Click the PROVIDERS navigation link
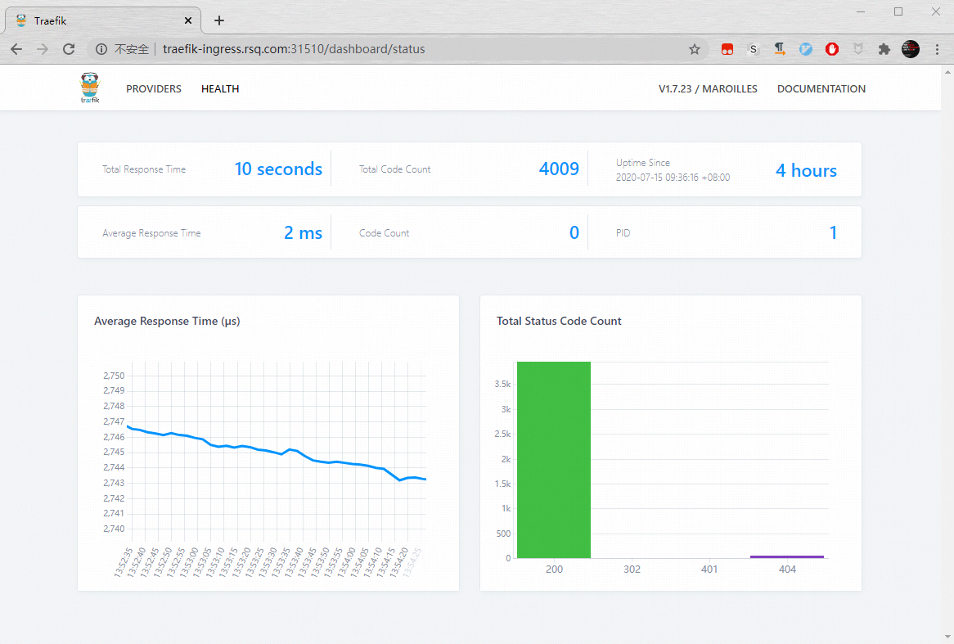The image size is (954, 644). click(x=154, y=89)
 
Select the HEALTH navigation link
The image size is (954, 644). click(x=220, y=89)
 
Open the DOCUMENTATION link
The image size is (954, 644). click(x=821, y=89)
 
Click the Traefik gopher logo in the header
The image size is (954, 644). click(x=90, y=88)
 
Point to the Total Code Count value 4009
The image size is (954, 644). click(x=559, y=169)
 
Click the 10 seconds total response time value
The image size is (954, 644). click(x=278, y=169)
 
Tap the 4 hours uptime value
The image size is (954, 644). click(x=806, y=170)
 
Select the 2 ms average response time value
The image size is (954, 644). click(x=303, y=233)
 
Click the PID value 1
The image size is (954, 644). click(x=833, y=233)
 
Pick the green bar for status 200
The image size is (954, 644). click(x=554, y=459)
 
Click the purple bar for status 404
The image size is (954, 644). click(x=787, y=556)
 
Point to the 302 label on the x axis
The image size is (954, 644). click(x=632, y=570)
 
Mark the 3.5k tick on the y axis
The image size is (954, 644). click(x=502, y=384)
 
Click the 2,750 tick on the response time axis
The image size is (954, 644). click(x=114, y=376)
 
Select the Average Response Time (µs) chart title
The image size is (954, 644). click(x=167, y=322)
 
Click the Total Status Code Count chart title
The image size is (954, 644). click(x=559, y=322)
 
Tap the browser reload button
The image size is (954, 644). click(x=69, y=49)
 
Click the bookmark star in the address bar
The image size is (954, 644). click(x=695, y=49)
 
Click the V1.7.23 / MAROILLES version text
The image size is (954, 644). click(x=708, y=89)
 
